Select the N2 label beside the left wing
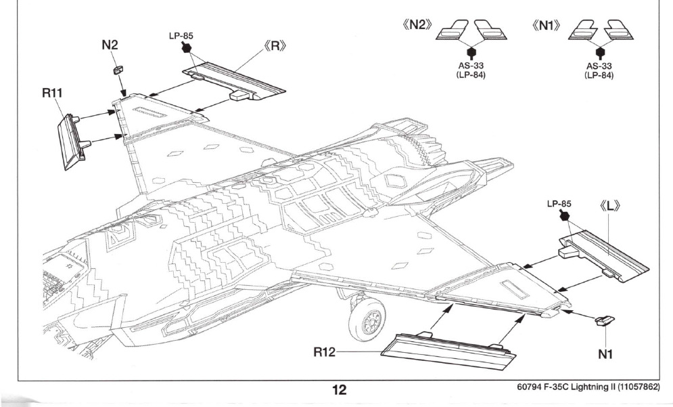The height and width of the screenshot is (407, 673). click(x=110, y=45)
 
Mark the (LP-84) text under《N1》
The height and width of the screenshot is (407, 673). click(x=599, y=75)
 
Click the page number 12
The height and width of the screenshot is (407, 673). click(x=338, y=389)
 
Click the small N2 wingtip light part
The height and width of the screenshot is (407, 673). click(x=117, y=68)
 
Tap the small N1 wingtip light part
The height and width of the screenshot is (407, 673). click(x=604, y=321)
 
